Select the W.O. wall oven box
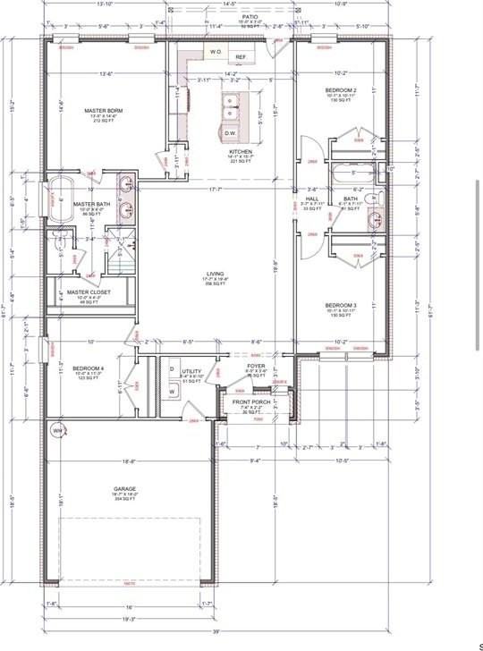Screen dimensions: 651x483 [216, 53]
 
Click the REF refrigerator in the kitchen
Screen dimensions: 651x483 [241, 57]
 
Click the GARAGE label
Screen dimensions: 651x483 [124, 489]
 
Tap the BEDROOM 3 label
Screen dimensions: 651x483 [341, 305]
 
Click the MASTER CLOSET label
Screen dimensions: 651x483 [87, 292]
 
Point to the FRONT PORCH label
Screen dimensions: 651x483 [251, 403]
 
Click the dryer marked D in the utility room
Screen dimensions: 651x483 [171, 368]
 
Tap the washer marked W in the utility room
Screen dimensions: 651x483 [171, 391]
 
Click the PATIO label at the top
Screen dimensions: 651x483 [250, 17]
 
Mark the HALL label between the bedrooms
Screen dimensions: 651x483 [312, 199]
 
